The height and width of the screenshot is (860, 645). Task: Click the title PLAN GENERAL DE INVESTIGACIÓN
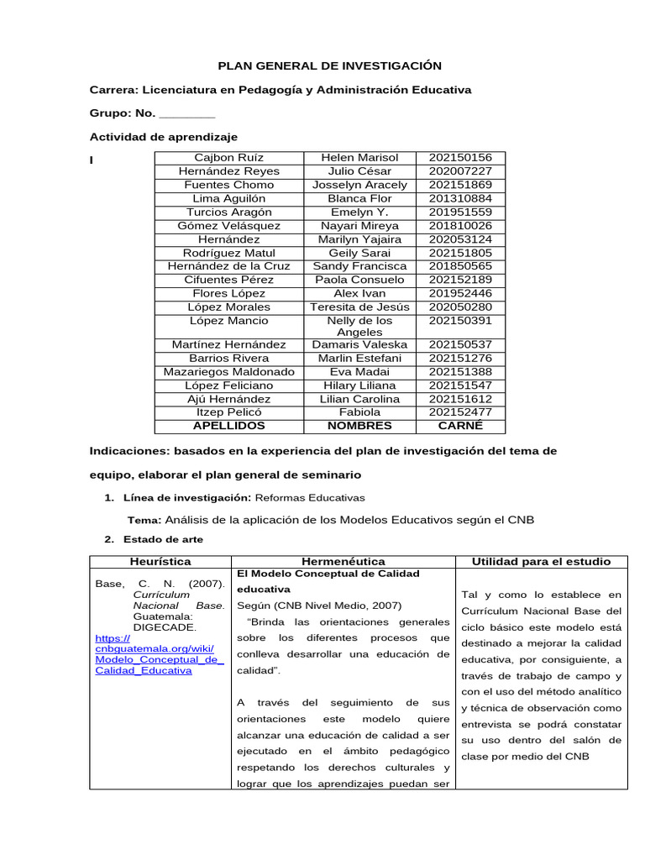(329, 66)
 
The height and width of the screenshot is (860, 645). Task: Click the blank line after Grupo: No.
(186, 113)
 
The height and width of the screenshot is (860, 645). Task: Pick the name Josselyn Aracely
(359, 185)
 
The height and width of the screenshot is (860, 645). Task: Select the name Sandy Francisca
(359, 266)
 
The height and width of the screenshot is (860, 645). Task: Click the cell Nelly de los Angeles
(359, 327)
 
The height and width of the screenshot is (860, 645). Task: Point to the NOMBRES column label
(359, 426)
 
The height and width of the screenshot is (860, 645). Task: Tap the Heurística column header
(160, 561)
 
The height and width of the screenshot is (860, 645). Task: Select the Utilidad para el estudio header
(541, 561)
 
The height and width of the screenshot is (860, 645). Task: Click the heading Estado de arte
(163, 539)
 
